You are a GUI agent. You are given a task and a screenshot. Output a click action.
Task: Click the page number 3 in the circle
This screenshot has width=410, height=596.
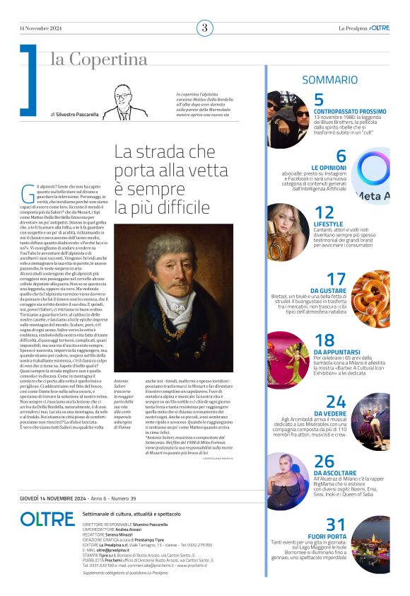coord(204,28)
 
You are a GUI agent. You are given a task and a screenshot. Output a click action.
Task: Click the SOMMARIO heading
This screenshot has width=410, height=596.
coord(329,80)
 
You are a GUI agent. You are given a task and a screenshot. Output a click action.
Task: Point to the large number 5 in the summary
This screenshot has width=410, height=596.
coord(319,100)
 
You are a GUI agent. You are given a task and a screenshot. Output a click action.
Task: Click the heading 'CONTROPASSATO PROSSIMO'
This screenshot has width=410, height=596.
coord(350,111)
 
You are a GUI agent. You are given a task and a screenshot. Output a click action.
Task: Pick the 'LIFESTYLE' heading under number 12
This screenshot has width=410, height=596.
coord(327,224)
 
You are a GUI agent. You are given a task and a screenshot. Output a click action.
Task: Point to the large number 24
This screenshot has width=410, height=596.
coord(336,402)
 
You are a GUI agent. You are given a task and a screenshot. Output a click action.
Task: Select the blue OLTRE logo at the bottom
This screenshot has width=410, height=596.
coord(47,519)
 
